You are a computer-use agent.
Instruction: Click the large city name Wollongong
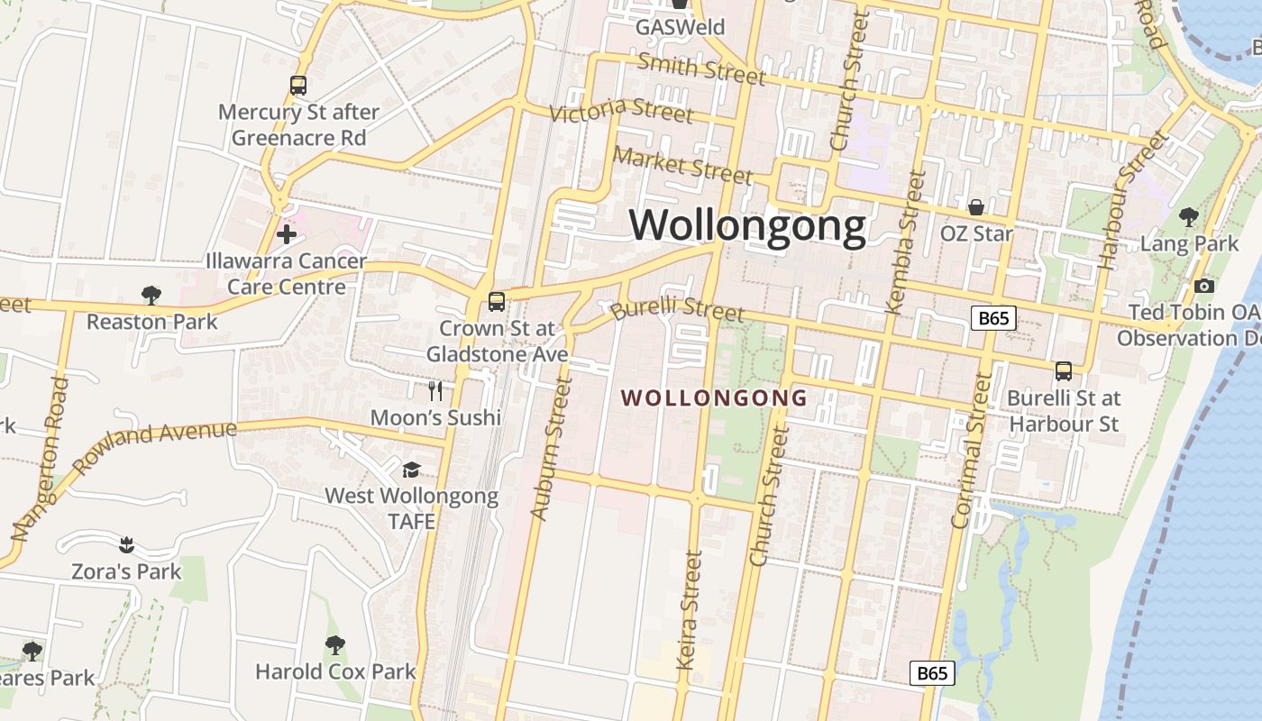point(747,225)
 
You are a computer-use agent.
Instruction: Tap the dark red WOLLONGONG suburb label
point(715,397)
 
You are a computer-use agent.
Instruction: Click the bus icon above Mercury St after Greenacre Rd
point(298,86)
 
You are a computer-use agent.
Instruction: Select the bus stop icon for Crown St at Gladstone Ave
point(497,302)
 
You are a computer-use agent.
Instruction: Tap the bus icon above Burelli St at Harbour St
point(1064,371)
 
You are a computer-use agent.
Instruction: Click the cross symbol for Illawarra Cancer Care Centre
point(287,235)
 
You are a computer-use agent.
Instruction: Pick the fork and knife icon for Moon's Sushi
point(435,390)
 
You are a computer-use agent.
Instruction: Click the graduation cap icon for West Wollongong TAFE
point(411,470)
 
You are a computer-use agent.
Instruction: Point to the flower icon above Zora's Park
point(126,544)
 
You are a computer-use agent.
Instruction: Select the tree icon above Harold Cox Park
point(335,645)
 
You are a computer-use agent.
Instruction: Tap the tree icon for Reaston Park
point(151,295)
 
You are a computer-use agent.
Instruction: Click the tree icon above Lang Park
point(1189,217)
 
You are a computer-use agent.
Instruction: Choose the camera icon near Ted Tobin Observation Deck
point(1203,287)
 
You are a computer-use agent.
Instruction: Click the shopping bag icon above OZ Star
point(976,208)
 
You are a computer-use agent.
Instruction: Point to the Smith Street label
point(701,68)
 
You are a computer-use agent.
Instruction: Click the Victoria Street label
point(621,112)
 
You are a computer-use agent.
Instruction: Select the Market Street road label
point(682,164)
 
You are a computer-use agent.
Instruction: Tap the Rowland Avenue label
point(154,447)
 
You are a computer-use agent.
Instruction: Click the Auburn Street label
point(552,449)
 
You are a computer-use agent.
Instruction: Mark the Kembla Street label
point(906,242)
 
